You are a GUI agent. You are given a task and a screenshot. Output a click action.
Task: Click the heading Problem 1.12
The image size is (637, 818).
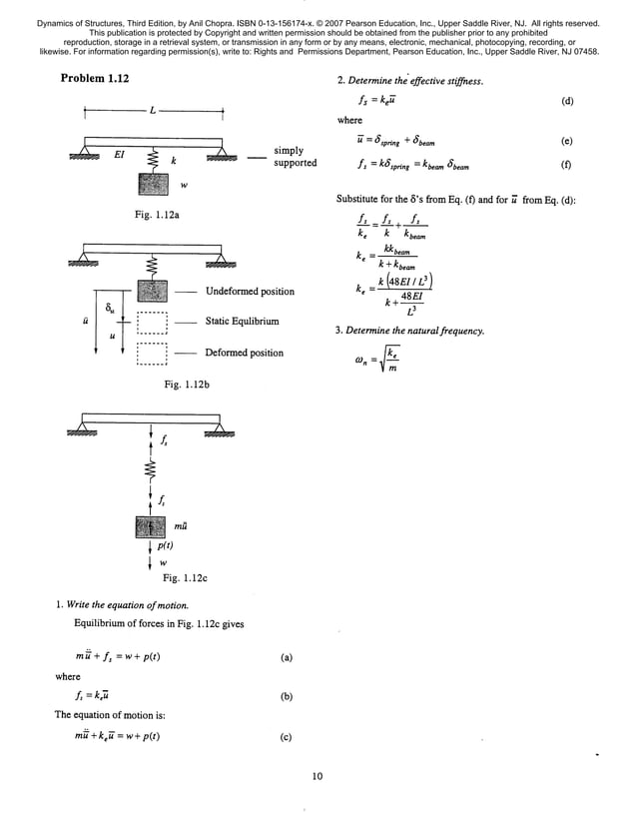[95, 79]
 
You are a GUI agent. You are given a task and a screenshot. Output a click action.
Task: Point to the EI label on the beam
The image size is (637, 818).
[117, 157]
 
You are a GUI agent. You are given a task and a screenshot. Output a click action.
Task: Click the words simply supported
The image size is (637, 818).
[295, 157]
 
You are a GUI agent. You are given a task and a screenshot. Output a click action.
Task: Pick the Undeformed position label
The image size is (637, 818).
[250, 292]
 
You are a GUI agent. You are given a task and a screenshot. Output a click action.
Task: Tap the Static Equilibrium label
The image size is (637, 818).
[243, 322]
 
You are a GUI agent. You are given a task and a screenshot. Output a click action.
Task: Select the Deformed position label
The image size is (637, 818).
[245, 353]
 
